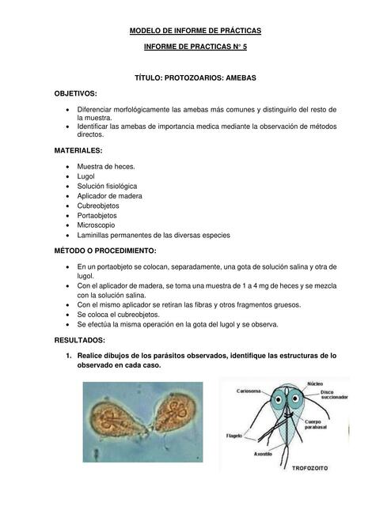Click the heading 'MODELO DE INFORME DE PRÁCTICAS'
pyautogui.click(x=195, y=31)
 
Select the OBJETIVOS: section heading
pyautogui.click(x=75, y=93)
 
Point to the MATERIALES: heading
pyautogui.click(x=78, y=150)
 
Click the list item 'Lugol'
pyautogui.click(x=86, y=176)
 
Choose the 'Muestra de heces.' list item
pyautogui.click(x=105, y=167)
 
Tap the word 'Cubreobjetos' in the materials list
pyautogui.click(x=101, y=205)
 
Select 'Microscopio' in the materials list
pyautogui.click(x=98, y=225)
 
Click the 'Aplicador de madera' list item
pyautogui.click(x=109, y=195)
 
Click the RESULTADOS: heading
pyautogui.click(x=80, y=340)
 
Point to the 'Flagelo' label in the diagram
pyautogui.click(x=235, y=435)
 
